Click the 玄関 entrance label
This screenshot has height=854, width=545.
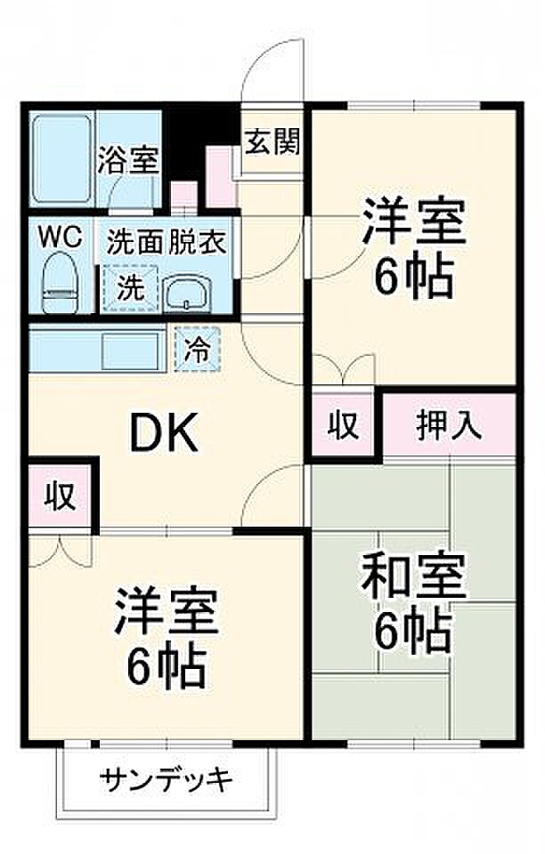point(272,142)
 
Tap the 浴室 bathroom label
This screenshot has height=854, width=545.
point(128,160)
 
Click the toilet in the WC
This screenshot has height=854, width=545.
point(61,282)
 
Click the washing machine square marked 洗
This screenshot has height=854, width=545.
point(130,288)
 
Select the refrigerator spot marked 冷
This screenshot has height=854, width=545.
point(198,349)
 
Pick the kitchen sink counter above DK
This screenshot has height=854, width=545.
point(97,348)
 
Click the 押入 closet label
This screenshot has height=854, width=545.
point(449,424)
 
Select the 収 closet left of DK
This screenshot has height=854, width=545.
point(60,495)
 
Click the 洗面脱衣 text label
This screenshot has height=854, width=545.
point(167,242)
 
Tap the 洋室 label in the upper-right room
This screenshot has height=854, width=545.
point(413,223)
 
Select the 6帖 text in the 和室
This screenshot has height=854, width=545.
point(412,632)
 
